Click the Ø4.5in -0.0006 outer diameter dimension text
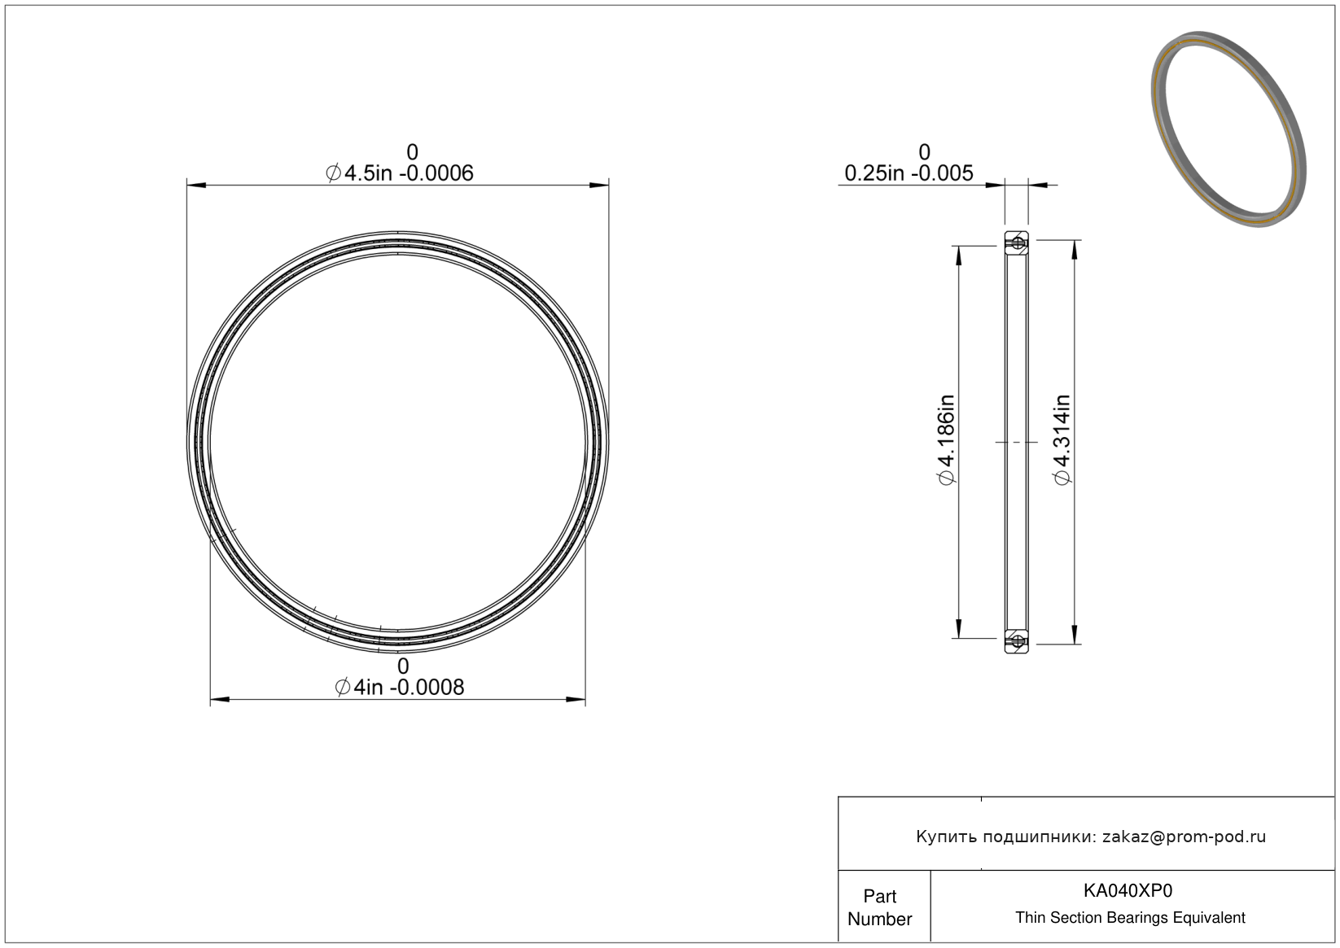coord(399,173)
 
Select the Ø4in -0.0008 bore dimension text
coord(399,688)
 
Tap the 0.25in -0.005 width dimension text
coord(909,173)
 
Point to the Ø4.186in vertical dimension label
coord(947,439)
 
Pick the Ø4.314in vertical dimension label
coord(1062,439)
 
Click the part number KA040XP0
coord(1128,890)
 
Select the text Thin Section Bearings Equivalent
coord(1130,918)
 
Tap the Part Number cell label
coord(879,907)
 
